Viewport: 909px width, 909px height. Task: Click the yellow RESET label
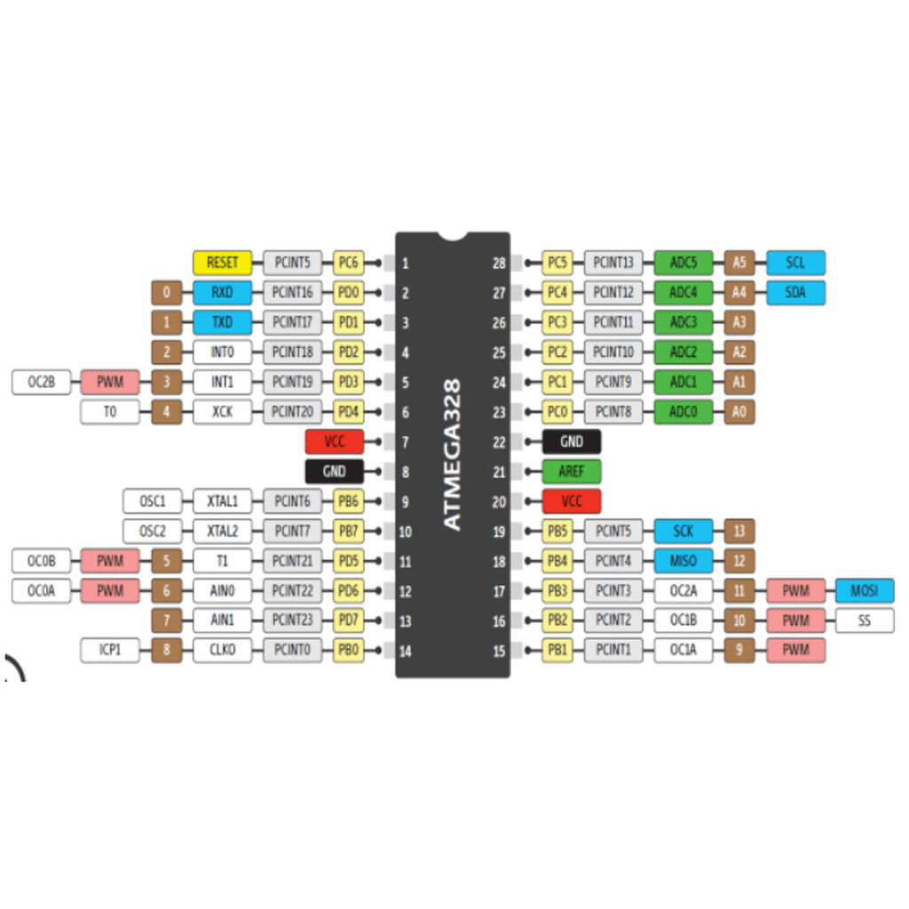[222, 263]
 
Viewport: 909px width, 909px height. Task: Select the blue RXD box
[222, 292]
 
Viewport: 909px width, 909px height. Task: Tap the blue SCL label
[795, 263]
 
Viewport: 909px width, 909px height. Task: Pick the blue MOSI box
[865, 590]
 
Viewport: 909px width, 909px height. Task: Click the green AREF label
[572, 471]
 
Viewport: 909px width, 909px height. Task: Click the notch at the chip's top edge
[453, 237]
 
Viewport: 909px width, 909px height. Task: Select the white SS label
[865, 620]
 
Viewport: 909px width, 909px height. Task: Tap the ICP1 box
[110, 651]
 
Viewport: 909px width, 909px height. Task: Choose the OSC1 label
[153, 502]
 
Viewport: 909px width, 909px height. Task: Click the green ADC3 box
[683, 322]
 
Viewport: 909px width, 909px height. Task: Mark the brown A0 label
[739, 412]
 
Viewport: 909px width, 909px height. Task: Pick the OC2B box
[41, 383]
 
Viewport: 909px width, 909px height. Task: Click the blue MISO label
[683, 561]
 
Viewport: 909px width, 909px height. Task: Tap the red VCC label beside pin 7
[335, 442]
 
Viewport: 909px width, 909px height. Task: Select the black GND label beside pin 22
[572, 442]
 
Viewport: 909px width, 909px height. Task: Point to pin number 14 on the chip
[405, 652]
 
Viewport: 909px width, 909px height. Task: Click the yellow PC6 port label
[347, 263]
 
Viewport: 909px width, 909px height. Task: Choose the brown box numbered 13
[739, 531]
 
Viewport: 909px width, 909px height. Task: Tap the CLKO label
[222, 651]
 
